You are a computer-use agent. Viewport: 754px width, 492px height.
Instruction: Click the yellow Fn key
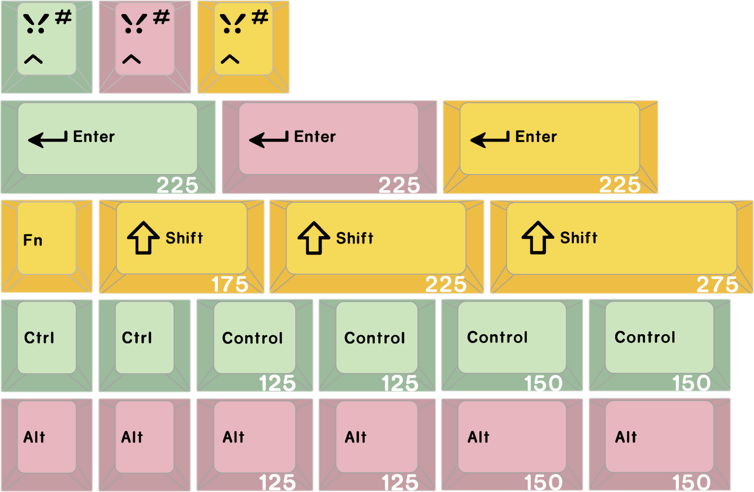47,247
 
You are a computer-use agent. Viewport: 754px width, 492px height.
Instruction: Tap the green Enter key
108,147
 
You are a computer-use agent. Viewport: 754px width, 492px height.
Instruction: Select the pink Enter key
330,147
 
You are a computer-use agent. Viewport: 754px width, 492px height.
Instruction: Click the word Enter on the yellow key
536,137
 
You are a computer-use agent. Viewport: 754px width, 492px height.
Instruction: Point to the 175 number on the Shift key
230,285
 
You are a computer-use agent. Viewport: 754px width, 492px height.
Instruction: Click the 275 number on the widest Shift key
717,285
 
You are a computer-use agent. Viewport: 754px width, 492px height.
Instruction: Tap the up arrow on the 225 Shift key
314,238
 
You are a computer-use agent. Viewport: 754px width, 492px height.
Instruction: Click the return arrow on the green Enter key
48,139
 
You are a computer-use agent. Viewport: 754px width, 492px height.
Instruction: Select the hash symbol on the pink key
161,17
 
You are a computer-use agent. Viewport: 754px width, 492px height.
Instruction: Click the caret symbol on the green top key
33,59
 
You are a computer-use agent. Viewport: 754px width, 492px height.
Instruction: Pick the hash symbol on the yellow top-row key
260,17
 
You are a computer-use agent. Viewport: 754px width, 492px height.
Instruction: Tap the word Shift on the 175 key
184,238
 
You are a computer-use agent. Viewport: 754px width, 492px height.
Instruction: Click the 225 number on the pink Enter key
399,185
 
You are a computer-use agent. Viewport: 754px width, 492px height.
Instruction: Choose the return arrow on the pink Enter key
269,139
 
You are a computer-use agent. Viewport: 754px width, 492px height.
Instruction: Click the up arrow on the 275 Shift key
537,238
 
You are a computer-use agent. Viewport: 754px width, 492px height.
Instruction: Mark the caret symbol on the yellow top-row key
230,59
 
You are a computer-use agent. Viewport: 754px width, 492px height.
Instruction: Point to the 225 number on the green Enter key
177,185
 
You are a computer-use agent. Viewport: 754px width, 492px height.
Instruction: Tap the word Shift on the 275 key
579,238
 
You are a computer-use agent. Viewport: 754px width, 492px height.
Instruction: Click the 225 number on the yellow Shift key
446,285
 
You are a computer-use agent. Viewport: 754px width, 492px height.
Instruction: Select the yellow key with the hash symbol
243,47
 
